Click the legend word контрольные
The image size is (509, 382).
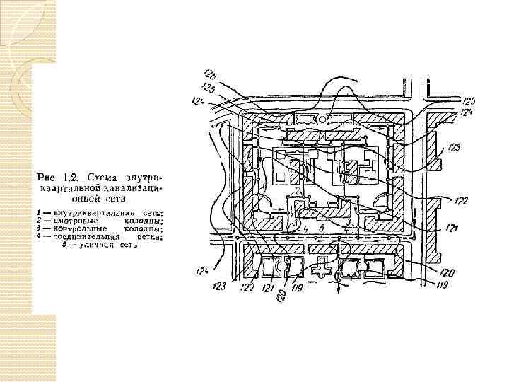[x=81, y=228]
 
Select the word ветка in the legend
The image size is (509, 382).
[x=146, y=237]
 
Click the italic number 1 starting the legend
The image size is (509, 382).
[x=39, y=213]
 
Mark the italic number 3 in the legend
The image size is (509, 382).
[x=39, y=228]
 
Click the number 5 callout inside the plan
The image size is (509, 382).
[x=322, y=228]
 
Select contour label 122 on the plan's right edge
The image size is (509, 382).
[x=462, y=202]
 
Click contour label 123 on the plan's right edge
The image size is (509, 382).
[x=453, y=148]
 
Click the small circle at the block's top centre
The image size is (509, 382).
[x=323, y=120]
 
